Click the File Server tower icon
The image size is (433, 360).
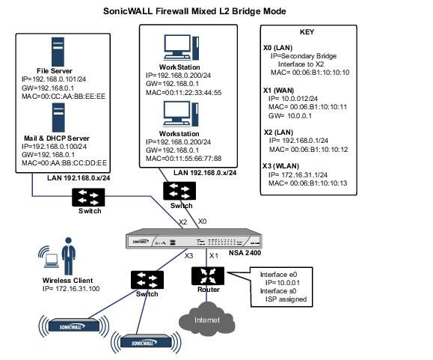coord(58,52)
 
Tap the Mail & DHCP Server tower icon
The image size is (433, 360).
coord(58,118)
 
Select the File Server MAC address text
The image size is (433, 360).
coord(64,96)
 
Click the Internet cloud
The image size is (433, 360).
coord(207,319)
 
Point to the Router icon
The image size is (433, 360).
coord(208,276)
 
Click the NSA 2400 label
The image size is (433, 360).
coord(245,253)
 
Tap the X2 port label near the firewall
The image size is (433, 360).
coord(182,222)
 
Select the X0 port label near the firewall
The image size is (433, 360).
coord(202,222)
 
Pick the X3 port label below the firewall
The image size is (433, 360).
coord(189,256)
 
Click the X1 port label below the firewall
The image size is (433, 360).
coord(214,256)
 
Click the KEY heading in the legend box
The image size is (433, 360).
coord(307,32)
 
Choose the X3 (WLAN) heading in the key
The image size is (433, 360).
coord(281,166)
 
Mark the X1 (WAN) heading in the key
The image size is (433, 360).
coord(279,91)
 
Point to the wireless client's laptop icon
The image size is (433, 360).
coord(52,261)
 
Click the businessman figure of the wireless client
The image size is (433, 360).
coord(69,256)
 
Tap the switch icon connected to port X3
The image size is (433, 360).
coord(147,280)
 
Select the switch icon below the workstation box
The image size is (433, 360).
coord(179,191)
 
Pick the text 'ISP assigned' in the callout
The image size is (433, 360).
coord(286,299)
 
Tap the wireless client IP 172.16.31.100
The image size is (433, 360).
coord(71,289)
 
